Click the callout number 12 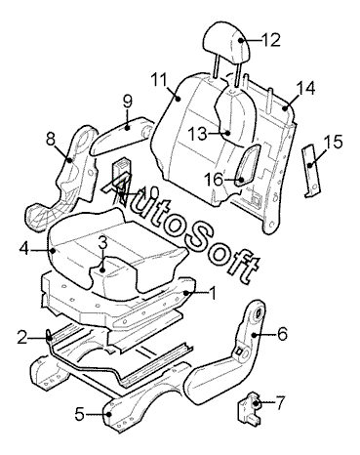(270, 40)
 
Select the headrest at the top (227, 42)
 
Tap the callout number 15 (333, 143)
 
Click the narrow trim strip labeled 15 (310, 171)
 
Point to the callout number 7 (280, 402)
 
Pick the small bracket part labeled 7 (250, 408)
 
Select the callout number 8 (51, 140)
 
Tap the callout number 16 (214, 179)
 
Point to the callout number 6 (282, 334)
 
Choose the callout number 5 (79, 413)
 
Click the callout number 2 (22, 338)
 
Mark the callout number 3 (102, 242)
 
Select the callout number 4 (24, 250)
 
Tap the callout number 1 (213, 294)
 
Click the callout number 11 (159, 80)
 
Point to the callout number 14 (305, 88)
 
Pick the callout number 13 (197, 133)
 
